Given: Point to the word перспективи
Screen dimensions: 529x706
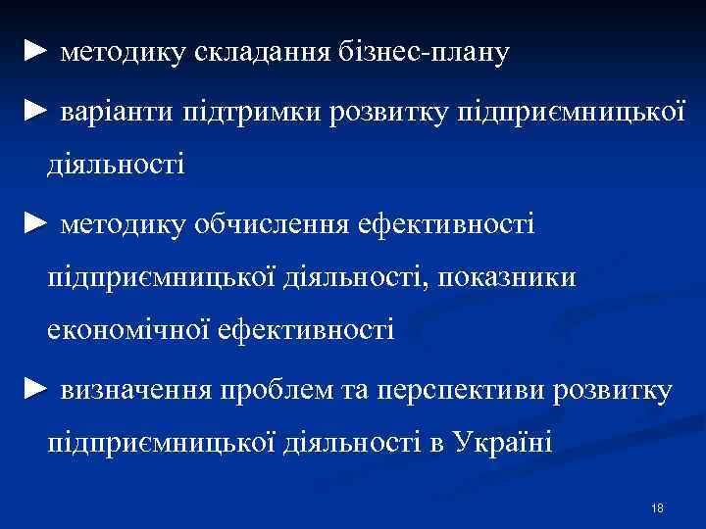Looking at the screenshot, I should click(460, 391).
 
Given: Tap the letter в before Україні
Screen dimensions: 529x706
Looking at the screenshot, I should click(437, 444).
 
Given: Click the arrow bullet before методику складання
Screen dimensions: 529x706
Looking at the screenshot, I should click(35, 50).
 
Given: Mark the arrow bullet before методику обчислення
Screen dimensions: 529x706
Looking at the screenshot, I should click(35, 225).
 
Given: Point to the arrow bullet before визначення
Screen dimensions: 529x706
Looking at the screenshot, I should click(35, 390).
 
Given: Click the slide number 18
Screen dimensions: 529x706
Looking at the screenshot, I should click(657, 507).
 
